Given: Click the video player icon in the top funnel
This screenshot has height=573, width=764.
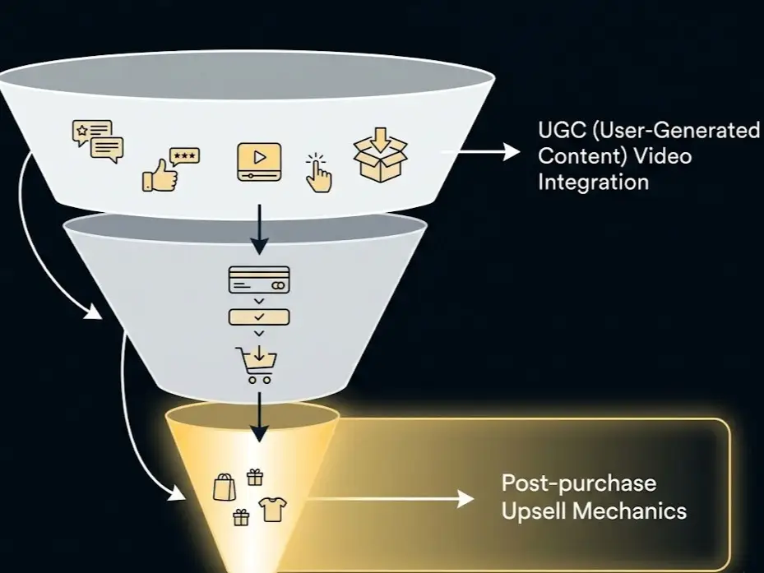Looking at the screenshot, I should (258, 161).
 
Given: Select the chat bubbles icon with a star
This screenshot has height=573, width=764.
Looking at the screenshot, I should (97, 139).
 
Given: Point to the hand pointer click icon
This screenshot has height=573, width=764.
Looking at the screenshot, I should (318, 173).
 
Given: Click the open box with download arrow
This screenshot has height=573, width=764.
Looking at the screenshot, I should (380, 159).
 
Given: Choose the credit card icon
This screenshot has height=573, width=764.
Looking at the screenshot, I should (258, 280).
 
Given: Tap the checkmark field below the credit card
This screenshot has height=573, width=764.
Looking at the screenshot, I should (258, 317).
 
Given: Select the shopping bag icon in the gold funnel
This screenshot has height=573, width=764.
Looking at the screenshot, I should (224, 487).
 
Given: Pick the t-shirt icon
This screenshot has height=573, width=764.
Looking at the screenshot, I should (273, 510).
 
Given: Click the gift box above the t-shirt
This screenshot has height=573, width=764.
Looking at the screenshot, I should (255, 477).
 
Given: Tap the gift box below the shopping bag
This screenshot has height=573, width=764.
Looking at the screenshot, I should (240, 517).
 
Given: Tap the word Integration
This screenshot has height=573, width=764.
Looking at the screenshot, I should (593, 182).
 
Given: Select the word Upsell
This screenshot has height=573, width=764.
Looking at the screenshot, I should (533, 511).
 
